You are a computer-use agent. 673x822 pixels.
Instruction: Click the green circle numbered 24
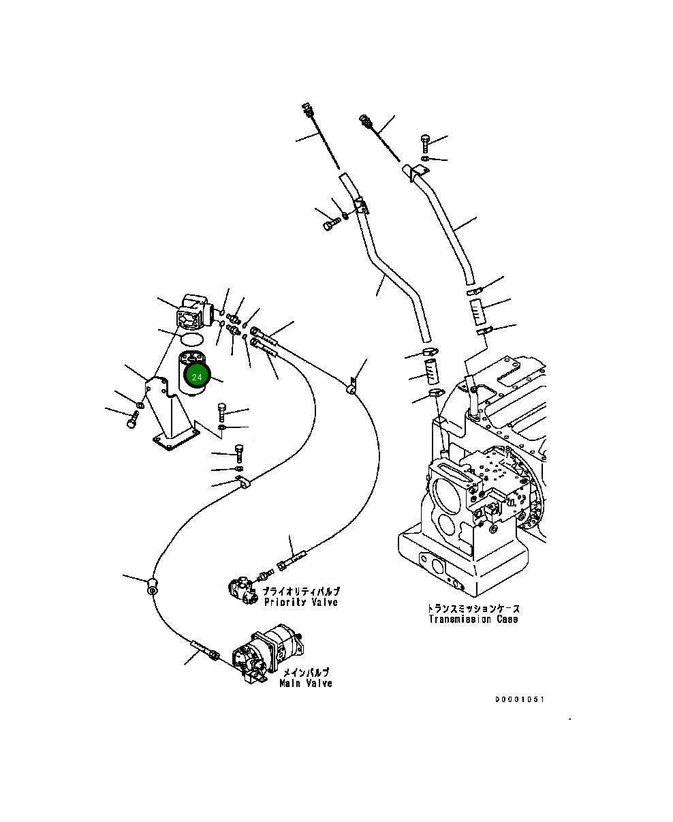[x=197, y=377]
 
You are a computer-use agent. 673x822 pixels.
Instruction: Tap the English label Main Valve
[x=306, y=683]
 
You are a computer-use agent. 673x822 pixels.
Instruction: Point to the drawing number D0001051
[x=520, y=699]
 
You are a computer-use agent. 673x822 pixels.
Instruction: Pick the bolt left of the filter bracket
[x=132, y=423]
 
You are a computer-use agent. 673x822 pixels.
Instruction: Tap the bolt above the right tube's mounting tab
[x=425, y=142]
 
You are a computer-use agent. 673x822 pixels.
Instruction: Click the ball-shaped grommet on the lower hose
[x=152, y=583]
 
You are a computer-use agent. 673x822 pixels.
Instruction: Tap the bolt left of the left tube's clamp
[x=330, y=224]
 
